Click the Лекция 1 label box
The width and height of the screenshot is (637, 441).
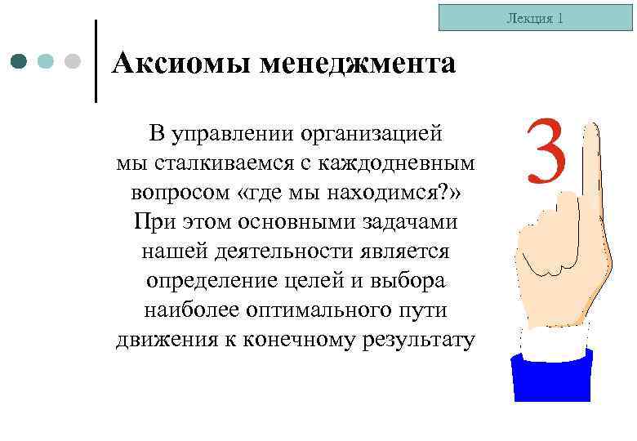[536, 18]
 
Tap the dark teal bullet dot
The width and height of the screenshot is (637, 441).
[20, 61]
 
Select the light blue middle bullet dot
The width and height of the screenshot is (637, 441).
[47, 61]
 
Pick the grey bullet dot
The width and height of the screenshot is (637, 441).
[73, 61]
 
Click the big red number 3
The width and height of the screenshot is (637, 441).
[545, 151]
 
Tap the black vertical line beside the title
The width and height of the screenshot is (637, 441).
[96, 61]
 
